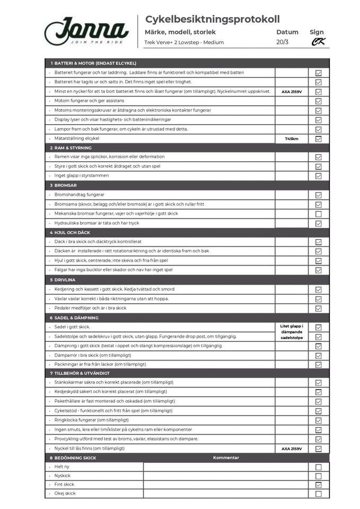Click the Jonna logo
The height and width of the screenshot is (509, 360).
[x=86, y=31]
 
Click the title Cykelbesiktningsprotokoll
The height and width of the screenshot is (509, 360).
[x=212, y=20]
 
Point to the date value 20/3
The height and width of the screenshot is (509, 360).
[x=283, y=42]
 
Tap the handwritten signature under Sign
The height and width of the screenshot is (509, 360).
[x=318, y=42]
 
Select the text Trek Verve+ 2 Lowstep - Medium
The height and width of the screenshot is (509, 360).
[x=184, y=42]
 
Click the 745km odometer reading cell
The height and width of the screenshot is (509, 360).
[x=292, y=139]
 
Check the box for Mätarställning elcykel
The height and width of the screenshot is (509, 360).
[x=319, y=139]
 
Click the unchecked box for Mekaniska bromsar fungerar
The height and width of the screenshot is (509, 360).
[x=319, y=214]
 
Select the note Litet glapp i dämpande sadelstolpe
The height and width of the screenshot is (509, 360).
[x=292, y=332]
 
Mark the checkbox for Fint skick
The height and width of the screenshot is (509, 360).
[x=319, y=485]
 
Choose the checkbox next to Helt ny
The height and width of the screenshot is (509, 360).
[x=319, y=467]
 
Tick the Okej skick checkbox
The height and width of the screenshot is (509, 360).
[x=319, y=494]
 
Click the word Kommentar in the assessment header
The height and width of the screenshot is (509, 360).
[x=226, y=458]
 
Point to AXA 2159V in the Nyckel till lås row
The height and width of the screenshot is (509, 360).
[x=292, y=449]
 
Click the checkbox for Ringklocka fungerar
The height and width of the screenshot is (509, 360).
[x=319, y=420]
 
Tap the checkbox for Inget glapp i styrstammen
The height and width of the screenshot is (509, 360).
[x=319, y=176]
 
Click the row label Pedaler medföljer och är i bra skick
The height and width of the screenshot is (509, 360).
[x=90, y=308]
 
